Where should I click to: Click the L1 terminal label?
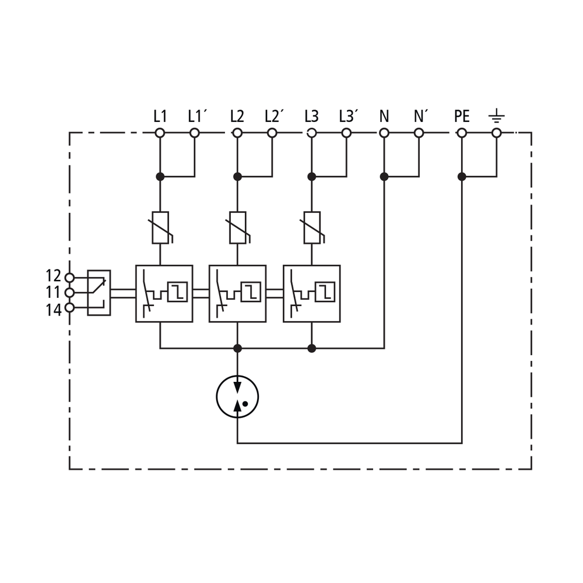click(160, 117)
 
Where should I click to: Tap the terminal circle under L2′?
click(272, 133)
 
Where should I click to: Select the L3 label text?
click(311, 117)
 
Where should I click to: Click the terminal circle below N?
click(384, 133)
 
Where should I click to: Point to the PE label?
click(462, 117)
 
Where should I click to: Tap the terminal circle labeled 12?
click(69, 278)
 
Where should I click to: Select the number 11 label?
click(53, 293)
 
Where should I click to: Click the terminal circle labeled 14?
click(69, 308)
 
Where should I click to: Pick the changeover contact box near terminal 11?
click(99, 293)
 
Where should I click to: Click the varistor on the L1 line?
click(161, 227)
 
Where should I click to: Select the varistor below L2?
click(238, 227)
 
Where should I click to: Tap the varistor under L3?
click(312, 227)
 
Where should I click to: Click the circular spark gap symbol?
click(237, 396)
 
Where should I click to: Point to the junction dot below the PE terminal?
click(462, 177)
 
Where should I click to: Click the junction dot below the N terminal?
click(384, 177)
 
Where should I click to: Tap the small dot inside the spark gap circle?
click(245, 403)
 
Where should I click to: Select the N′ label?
click(420, 117)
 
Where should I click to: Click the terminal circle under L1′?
click(195, 133)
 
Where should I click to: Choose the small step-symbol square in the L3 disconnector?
click(325, 292)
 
